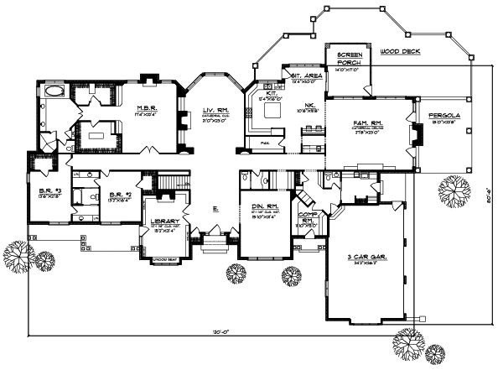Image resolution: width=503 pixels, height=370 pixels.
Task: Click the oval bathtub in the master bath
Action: (x=53, y=91)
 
